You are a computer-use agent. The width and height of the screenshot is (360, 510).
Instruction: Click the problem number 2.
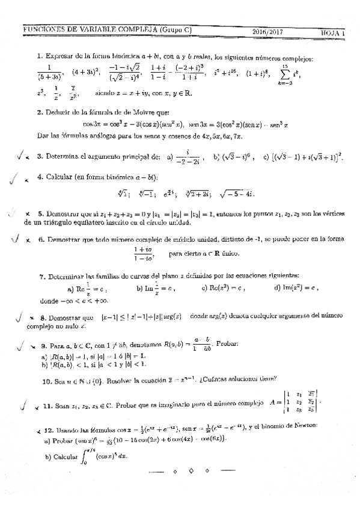[39, 112]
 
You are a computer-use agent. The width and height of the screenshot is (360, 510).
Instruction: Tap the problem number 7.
[41, 277]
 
